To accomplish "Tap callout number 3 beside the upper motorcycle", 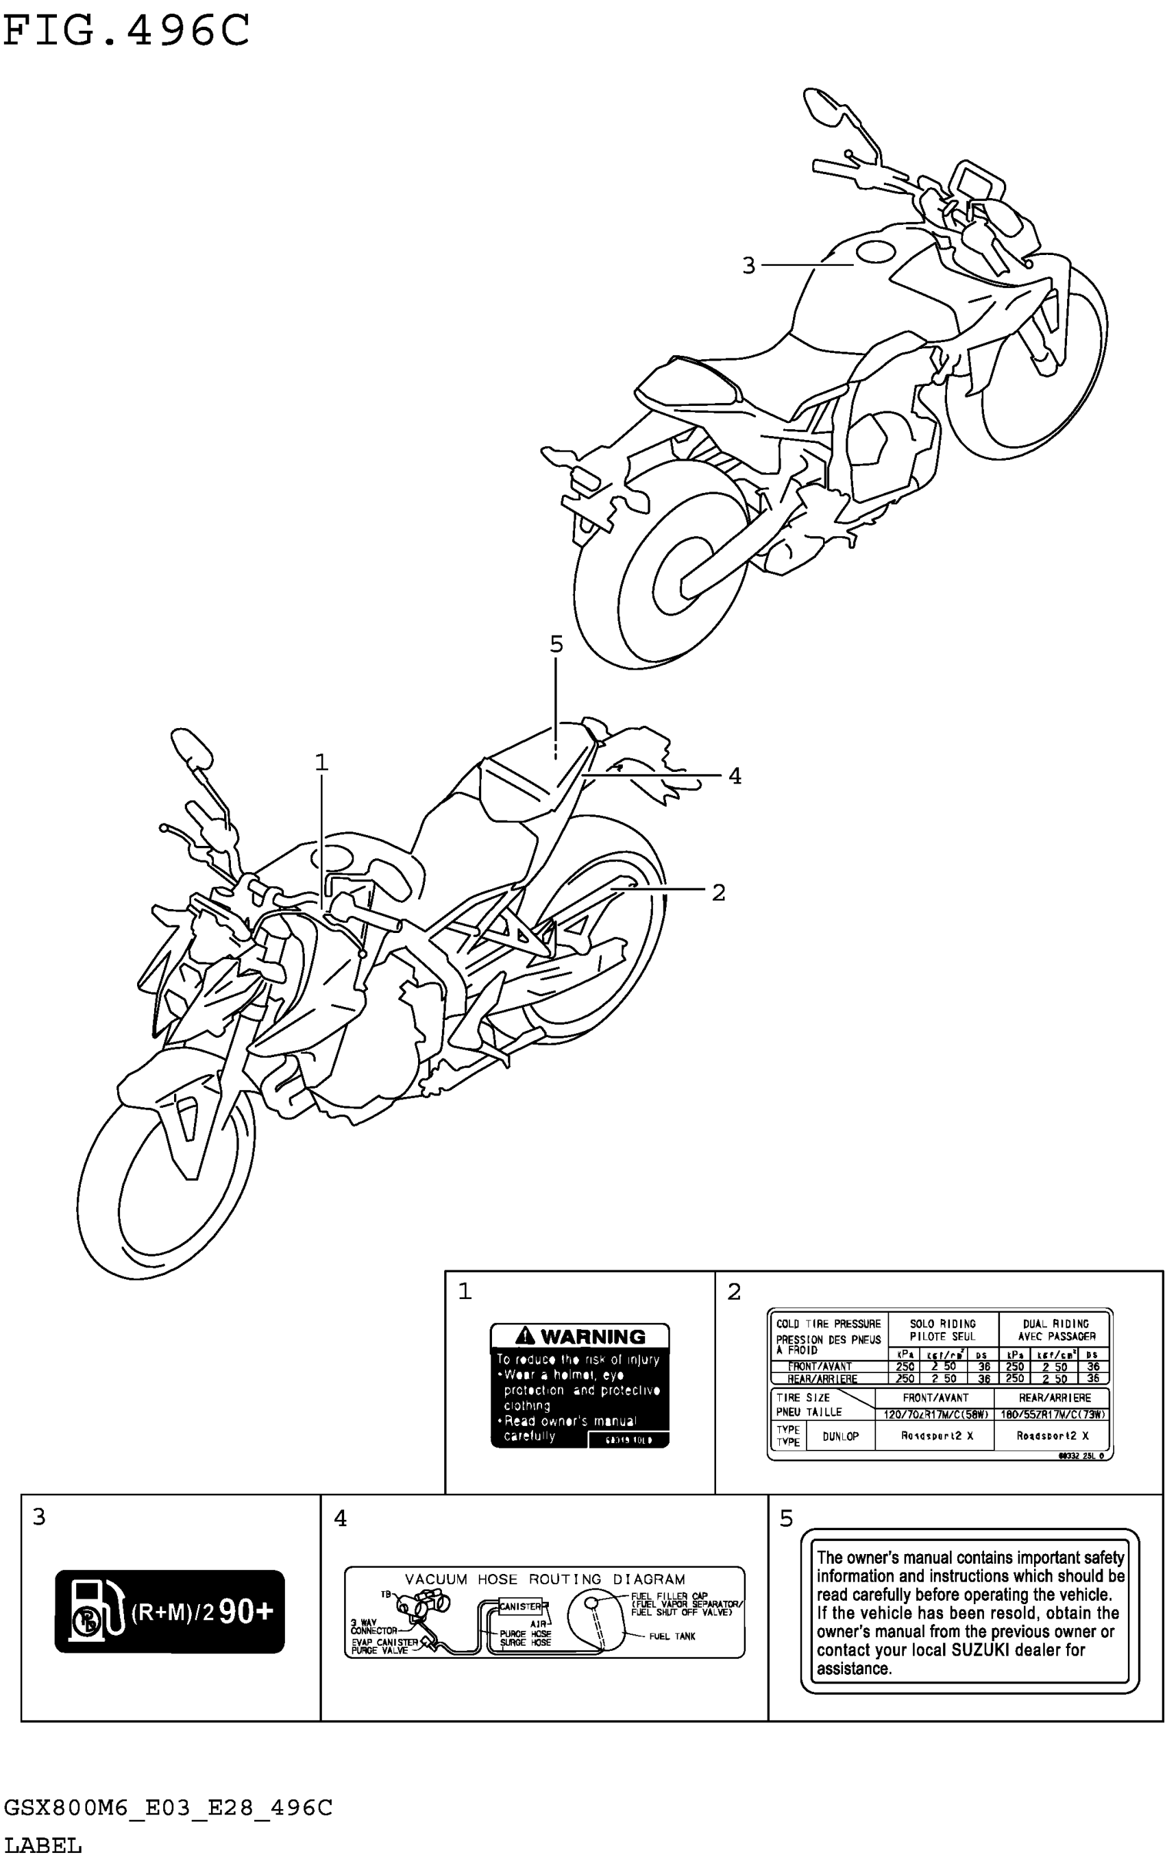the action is pyautogui.click(x=748, y=266).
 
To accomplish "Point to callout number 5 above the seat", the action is pyautogui.click(x=556, y=644).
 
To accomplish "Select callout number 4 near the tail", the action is pyautogui.click(x=735, y=776).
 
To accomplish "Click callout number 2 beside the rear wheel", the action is pyautogui.click(x=718, y=893).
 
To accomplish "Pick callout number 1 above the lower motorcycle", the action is pyautogui.click(x=321, y=763).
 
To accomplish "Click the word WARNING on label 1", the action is pyautogui.click(x=593, y=1337).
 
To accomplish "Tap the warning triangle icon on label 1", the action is pyautogui.click(x=526, y=1335).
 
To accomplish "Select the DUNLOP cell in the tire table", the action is pyautogui.click(x=840, y=1436).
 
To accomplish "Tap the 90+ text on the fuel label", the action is pyautogui.click(x=246, y=1612).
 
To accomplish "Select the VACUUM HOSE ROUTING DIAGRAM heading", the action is pyautogui.click(x=545, y=1579).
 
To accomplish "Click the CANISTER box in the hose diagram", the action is pyautogui.click(x=520, y=1607).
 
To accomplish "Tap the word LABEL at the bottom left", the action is pyautogui.click(x=43, y=1846).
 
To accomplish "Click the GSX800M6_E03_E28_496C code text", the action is pyautogui.click(x=168, y=1808).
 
